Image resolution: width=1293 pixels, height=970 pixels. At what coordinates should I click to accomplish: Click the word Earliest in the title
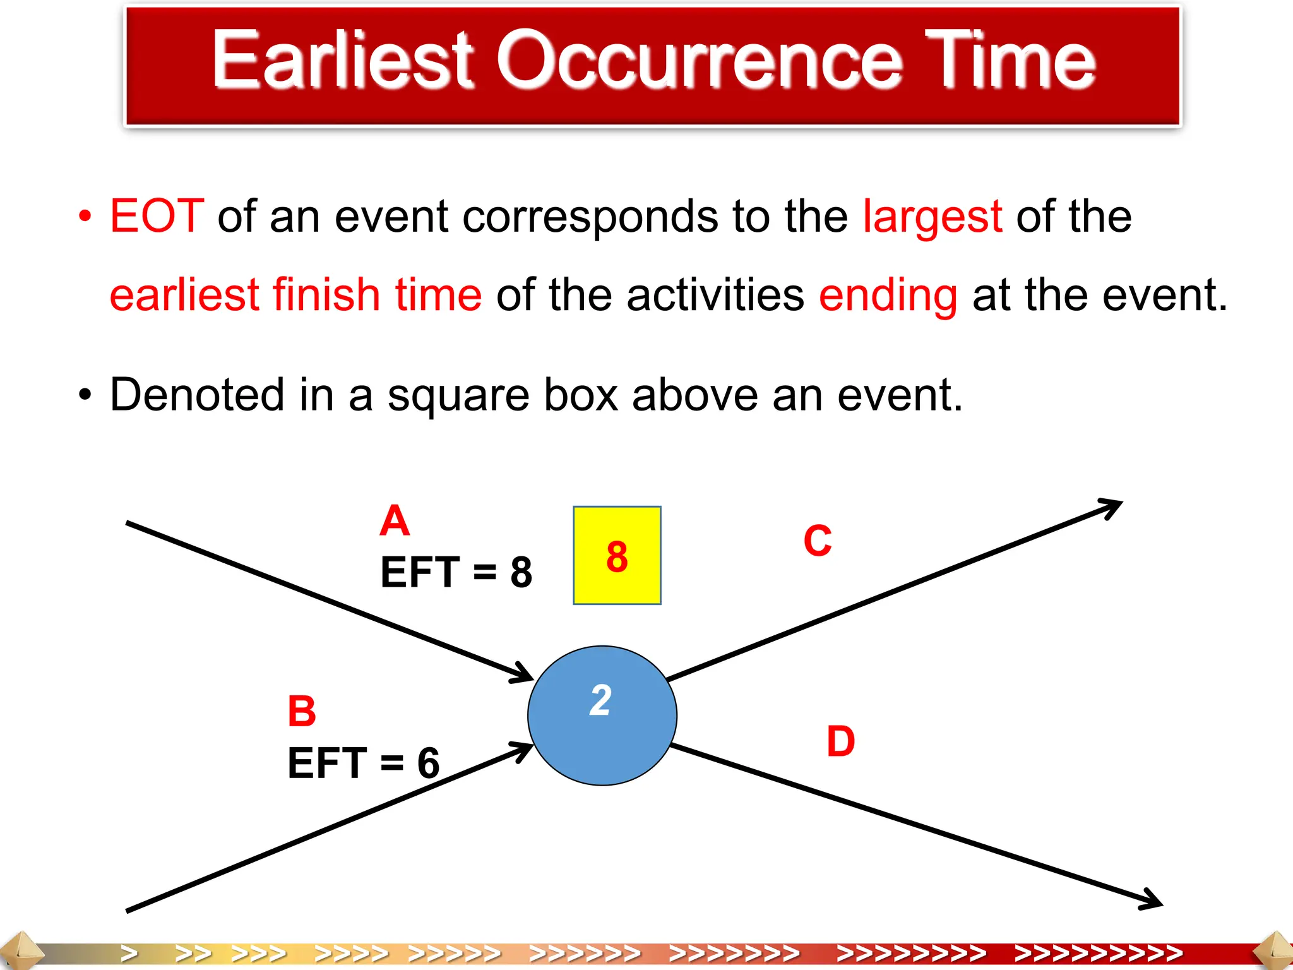[342, 60]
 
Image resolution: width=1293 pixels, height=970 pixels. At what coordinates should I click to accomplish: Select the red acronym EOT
[157, 217]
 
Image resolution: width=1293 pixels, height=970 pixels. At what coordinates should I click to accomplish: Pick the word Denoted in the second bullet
[197, 395]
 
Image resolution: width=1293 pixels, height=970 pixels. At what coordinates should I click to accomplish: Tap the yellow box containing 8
[617, 555]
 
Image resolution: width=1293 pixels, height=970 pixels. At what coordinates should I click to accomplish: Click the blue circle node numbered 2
[602, 715]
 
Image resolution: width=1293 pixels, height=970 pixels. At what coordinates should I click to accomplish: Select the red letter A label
[395, 521]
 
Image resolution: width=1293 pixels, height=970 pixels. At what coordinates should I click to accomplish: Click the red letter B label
[302, 711]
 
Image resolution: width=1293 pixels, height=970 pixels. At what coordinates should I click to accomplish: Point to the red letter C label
[818, 541]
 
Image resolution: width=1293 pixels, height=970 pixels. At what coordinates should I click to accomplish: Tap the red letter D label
[841, 741]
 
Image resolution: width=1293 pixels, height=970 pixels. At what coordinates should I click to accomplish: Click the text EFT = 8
[456, 572]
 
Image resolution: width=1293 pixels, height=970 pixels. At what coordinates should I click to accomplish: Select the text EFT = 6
[363, 763]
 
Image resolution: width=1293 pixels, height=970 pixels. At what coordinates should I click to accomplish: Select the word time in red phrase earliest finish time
[438, 296]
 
